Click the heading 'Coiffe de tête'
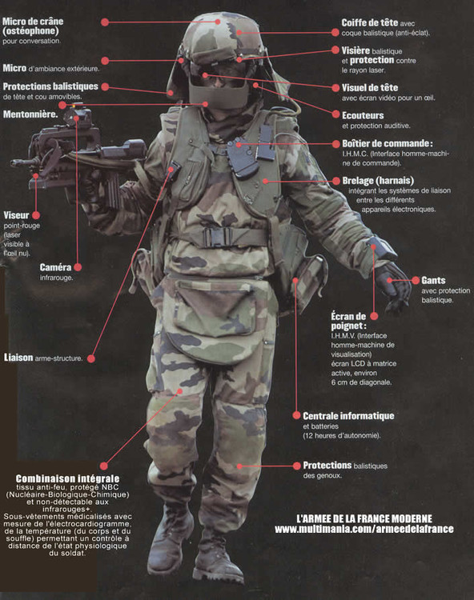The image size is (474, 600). pos(369,22)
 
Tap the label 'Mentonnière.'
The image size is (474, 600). pos(30,114)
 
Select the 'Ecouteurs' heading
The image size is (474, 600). pos(363,115)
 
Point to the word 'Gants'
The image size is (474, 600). pos(433,281)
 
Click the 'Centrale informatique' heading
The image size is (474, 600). pos(348,415)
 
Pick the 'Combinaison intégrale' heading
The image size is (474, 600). pos(67,478)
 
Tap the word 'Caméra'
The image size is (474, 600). pos(55,267)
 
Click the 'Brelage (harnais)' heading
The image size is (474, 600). pos(378,181)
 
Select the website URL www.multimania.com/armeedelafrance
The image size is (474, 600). pos(364,529)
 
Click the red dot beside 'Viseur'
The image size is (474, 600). pos(36,215)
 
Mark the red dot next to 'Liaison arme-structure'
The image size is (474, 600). pos(91,358)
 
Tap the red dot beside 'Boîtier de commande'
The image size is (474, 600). pos(335,144)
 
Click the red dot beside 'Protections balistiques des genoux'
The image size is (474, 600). pos(297,466)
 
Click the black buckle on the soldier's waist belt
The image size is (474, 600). pos(218,238)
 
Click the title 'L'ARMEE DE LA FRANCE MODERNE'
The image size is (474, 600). pos(364,518)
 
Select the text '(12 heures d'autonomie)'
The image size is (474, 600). pos(342,435)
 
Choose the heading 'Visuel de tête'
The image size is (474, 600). pos(369,88)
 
